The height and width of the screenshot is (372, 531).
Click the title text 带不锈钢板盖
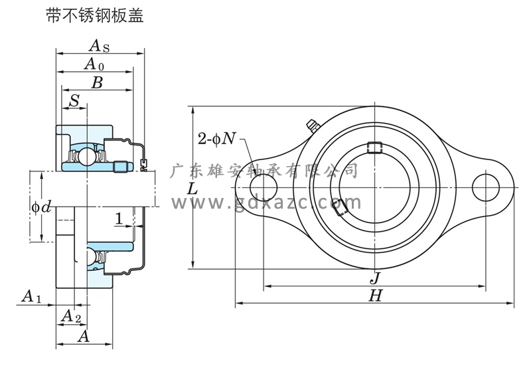(x=94, y=16)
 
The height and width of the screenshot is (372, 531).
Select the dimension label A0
(x=94, y=64)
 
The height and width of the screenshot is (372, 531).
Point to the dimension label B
(x=96, y=83)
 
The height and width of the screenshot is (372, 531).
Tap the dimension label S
(x=74, y=100)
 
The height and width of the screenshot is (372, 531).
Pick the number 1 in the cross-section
(x=117, y=219)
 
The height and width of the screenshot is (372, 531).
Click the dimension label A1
(x=31, y=296)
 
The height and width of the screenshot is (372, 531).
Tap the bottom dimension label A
(x=84, y=336)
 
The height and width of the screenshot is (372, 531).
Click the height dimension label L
(x=192, y=189)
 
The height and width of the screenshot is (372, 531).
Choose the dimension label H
(x=375, y=296)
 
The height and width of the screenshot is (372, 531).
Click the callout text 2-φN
(x=216, y=138)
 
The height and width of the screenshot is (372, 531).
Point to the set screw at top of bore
(x=375, y=147)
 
